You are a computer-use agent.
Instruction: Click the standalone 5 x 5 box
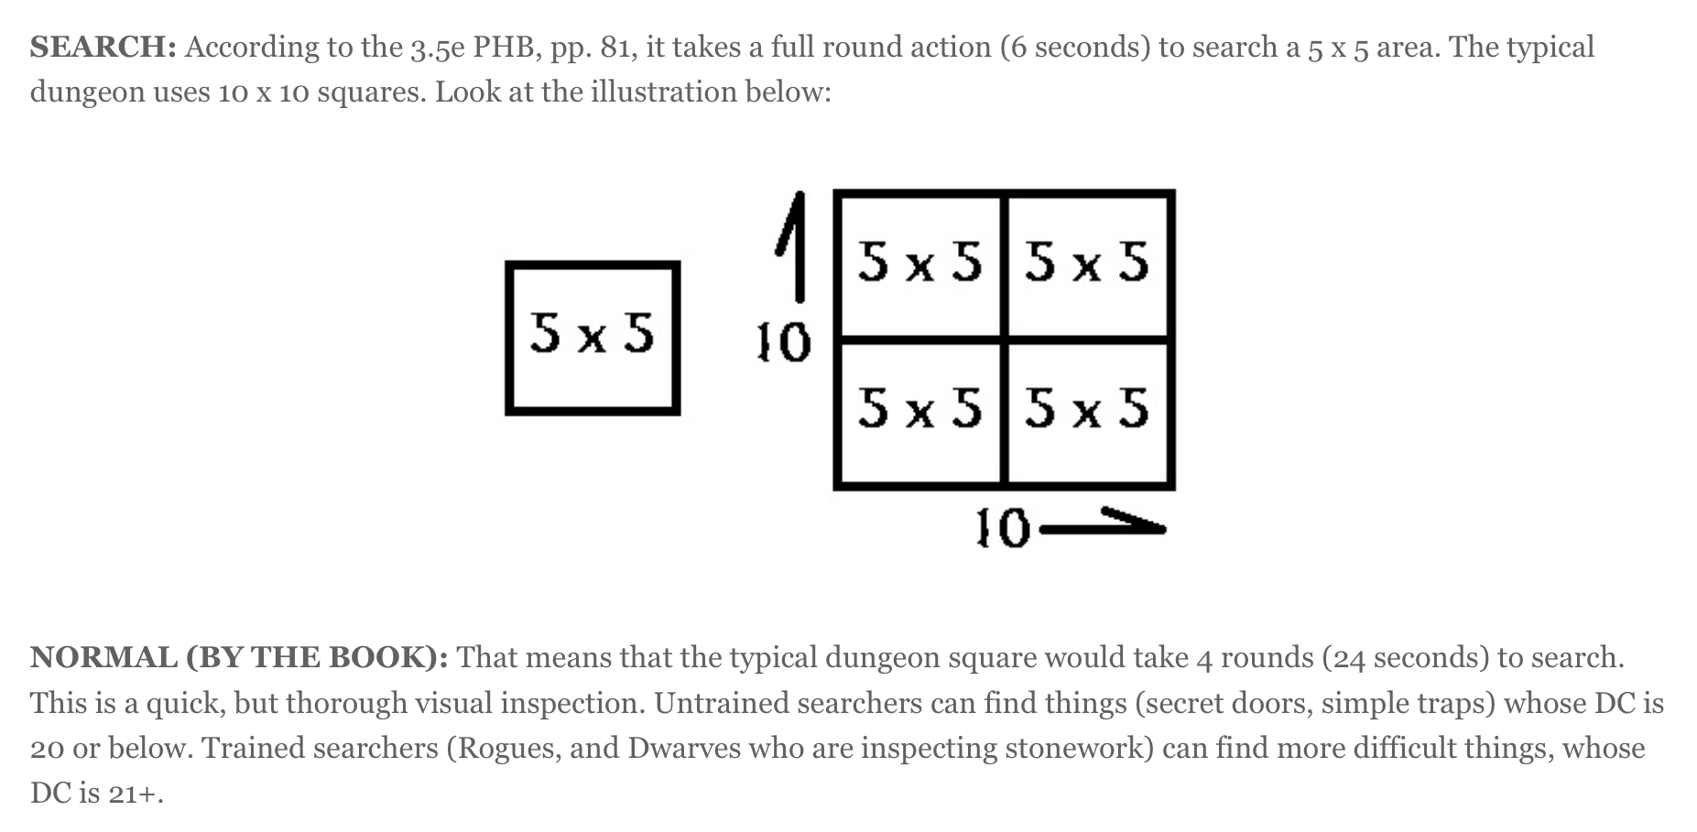593,338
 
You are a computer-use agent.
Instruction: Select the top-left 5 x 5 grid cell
919,264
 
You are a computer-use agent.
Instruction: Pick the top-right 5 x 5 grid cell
1088,264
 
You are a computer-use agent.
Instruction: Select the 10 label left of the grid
783,343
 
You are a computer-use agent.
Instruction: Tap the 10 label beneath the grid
1002,529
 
